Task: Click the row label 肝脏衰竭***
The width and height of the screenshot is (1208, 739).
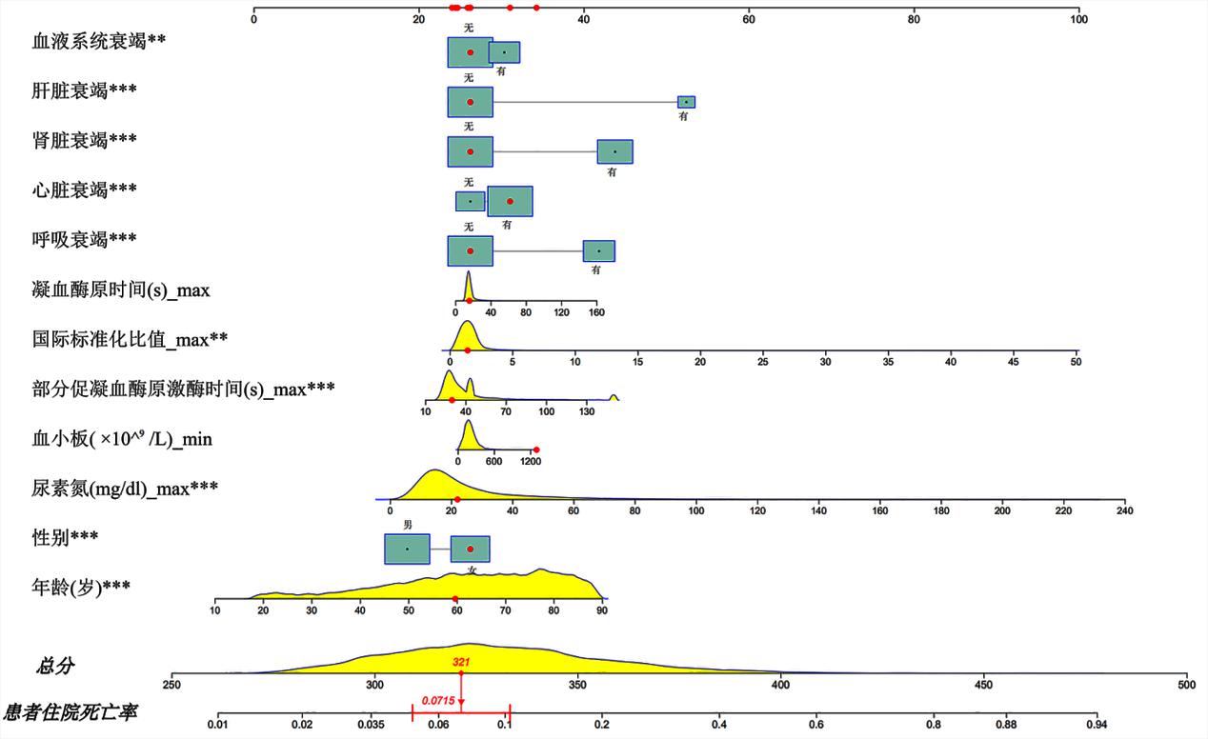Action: click(83, 90)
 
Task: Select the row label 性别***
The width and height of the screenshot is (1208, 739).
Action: click(65, 538)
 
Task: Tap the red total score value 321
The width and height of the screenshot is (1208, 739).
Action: click(461, 661)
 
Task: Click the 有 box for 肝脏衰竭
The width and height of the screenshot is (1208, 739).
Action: click(686, 102)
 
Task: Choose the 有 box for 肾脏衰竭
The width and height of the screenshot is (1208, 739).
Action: click(614, 151)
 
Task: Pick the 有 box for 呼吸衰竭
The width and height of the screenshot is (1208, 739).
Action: click(599, 250)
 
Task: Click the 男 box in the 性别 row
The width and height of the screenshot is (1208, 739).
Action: click(407, 549)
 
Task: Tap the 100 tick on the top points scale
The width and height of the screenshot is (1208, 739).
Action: click(1078, 12)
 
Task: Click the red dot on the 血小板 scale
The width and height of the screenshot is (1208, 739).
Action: click(536, 449)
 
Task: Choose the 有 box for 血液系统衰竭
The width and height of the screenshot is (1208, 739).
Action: click(504, 52)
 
